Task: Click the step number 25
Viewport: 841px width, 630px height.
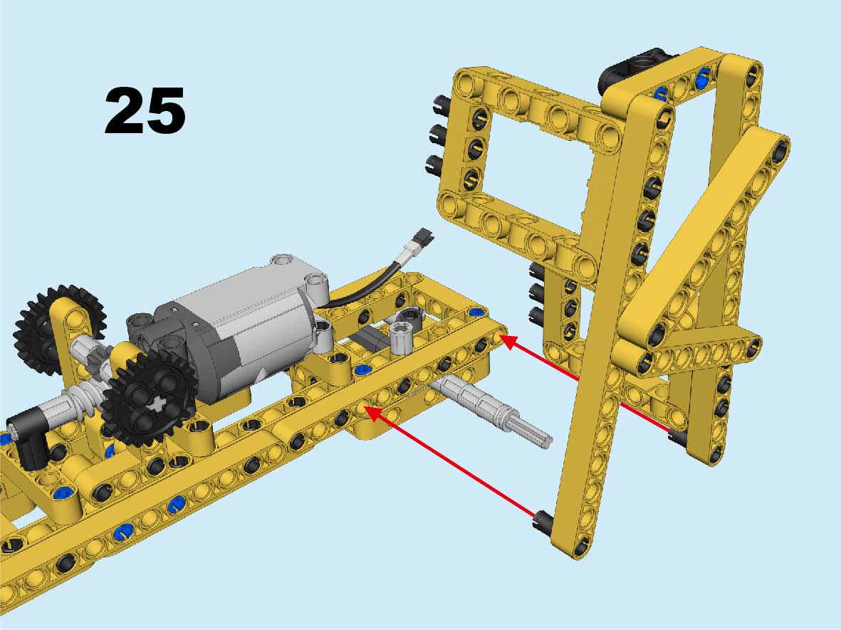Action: tap(145, 111)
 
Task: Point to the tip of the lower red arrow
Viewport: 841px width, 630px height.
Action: tap(365, 408)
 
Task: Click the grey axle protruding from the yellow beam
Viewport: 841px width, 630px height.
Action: tap(493, 409)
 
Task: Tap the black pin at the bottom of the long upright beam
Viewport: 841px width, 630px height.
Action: tap(543, 520)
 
